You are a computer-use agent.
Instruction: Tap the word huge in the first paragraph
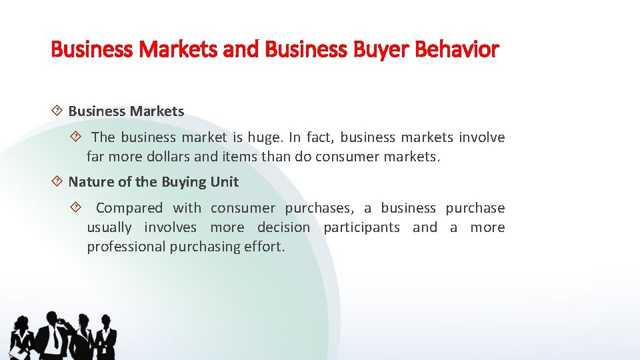point(265,137)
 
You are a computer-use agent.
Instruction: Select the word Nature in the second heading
point(89,181)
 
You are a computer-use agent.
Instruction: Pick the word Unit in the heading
point(225,181)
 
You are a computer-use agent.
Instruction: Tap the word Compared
point(129,208)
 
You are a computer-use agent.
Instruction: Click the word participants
point(361,227)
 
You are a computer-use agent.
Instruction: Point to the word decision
point(283,227)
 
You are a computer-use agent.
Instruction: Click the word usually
point(109,227)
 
